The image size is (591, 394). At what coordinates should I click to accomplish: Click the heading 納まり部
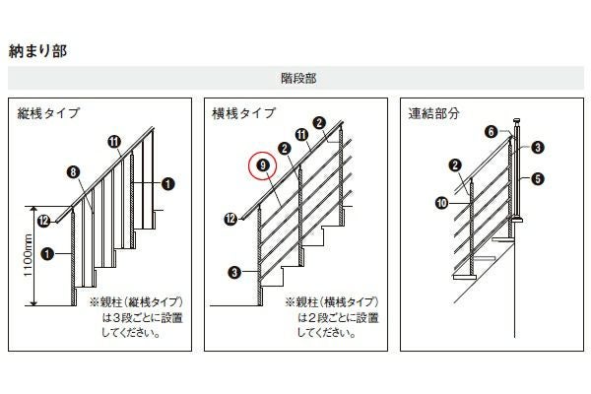point(37,51)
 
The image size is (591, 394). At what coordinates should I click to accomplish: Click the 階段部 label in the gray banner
point(298,78)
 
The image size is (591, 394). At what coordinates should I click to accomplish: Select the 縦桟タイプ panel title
point(48,113)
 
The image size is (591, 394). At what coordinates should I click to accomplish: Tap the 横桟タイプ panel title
point(244,113)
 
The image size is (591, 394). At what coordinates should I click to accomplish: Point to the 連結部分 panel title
point(433,113)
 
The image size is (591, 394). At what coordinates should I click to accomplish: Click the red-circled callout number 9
point(263,165)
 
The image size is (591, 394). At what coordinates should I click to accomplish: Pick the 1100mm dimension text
point(29,255)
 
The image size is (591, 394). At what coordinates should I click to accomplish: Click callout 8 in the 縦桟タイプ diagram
point(73,172)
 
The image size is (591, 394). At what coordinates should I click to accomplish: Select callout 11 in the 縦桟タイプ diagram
point(114,142)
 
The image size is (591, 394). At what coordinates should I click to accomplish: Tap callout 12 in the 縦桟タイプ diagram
point(43,221)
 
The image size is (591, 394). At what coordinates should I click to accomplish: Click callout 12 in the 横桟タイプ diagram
point(230,219)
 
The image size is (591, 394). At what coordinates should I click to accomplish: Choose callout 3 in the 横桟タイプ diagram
point(234,272)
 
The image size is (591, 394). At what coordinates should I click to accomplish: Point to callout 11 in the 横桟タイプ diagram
point(302,135)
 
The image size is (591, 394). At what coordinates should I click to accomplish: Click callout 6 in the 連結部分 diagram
point(492,132)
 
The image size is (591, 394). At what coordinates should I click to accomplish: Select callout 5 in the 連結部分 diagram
point(538,178)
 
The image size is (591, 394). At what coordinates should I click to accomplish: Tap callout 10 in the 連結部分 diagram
point(441,203)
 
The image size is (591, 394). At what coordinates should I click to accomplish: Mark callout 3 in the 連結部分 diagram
point(538,147)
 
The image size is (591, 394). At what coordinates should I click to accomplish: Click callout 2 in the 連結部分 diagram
point(455,164)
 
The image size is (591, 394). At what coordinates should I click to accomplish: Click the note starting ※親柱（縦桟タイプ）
point(136,317)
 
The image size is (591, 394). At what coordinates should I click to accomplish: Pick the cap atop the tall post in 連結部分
point(517,122)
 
